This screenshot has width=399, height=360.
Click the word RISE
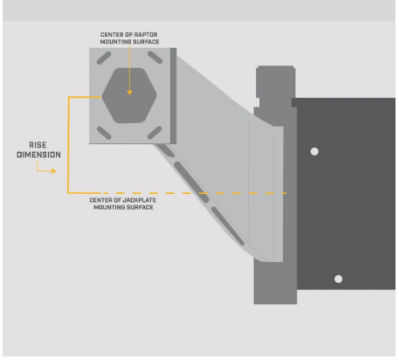[x=38, y=145]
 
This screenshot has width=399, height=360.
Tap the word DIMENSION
[x=38, y=155]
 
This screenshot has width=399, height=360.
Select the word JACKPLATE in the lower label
[x=140, y=200]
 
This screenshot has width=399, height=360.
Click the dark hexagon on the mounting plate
[x=129, y=95]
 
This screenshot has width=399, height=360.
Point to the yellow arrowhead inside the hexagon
[x=130, y=93]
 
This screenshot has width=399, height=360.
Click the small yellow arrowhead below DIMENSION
[x=54, y=171]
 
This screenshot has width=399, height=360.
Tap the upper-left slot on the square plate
[x=104, y=58]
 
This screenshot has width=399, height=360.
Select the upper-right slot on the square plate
[x=155, y=58]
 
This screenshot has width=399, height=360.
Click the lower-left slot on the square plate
[x=104, y=133]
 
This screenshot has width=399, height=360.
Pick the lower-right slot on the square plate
[x=155, y=133]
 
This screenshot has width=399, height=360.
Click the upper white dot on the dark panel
[x=314, y=151]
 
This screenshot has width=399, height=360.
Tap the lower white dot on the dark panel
[x=338, y=279]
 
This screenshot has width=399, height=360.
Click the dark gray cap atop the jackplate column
[x=276, y=82]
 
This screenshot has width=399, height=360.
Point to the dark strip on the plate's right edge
[x=173, y=96]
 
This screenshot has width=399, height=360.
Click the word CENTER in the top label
[x=110, y=34]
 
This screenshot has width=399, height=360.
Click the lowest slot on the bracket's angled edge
[x=228, y=226]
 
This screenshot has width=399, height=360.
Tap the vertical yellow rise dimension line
[x=68, y=145]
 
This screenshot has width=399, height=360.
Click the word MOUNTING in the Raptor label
[x=115, y=42]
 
